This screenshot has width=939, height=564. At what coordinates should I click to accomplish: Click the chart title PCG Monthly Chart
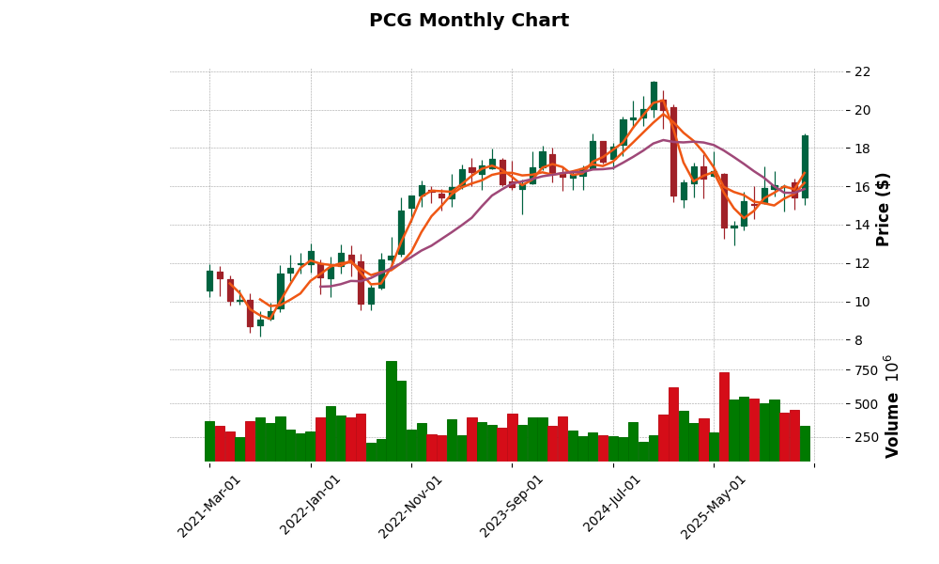tap(469, 21)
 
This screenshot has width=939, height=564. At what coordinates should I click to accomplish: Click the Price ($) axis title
tap(883, 209)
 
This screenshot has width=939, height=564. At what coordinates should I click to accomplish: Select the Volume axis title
tap(891, 406)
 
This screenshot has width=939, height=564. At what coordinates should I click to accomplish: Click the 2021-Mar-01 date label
tap(209, 506)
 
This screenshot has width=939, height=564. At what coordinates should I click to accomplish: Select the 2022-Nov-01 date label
tap(411, 506)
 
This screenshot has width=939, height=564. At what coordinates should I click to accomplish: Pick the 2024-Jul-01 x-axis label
tap(613, 506)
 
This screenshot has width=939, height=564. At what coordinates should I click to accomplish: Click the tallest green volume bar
tap(392, 411)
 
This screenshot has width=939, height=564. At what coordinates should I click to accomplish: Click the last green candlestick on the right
tap(805, 166)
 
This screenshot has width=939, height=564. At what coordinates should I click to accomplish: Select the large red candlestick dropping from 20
tap(673, 151)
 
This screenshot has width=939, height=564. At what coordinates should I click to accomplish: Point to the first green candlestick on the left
tap(209, 281)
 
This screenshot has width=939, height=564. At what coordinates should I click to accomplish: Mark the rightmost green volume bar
tap(805, 443)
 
